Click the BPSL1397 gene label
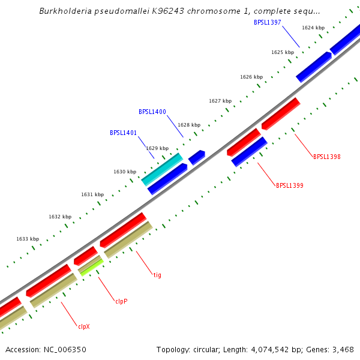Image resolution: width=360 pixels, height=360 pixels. pos(268,23)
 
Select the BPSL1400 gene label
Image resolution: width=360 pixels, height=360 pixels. pos(152,112)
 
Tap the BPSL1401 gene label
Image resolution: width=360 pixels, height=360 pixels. pos(124,133)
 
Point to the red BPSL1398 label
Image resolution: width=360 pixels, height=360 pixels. pos(327,157)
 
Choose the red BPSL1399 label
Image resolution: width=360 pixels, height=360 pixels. pos(290,186)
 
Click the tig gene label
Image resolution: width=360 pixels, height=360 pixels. pos(157,275)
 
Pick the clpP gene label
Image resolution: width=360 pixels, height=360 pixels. pos(121,301)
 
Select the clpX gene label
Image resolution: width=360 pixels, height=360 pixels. pos(84,327)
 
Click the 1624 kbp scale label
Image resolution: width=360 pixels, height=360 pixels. pos(313,28)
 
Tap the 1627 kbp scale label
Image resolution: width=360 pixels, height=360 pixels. pos(220,101)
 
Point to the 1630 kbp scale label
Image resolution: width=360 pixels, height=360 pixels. pos(125,172)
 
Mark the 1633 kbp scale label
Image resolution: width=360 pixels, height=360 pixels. pos(28,239)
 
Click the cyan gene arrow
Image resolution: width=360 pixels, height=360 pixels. pos(161,169)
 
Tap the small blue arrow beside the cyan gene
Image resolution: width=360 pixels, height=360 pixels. pos(197,157)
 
